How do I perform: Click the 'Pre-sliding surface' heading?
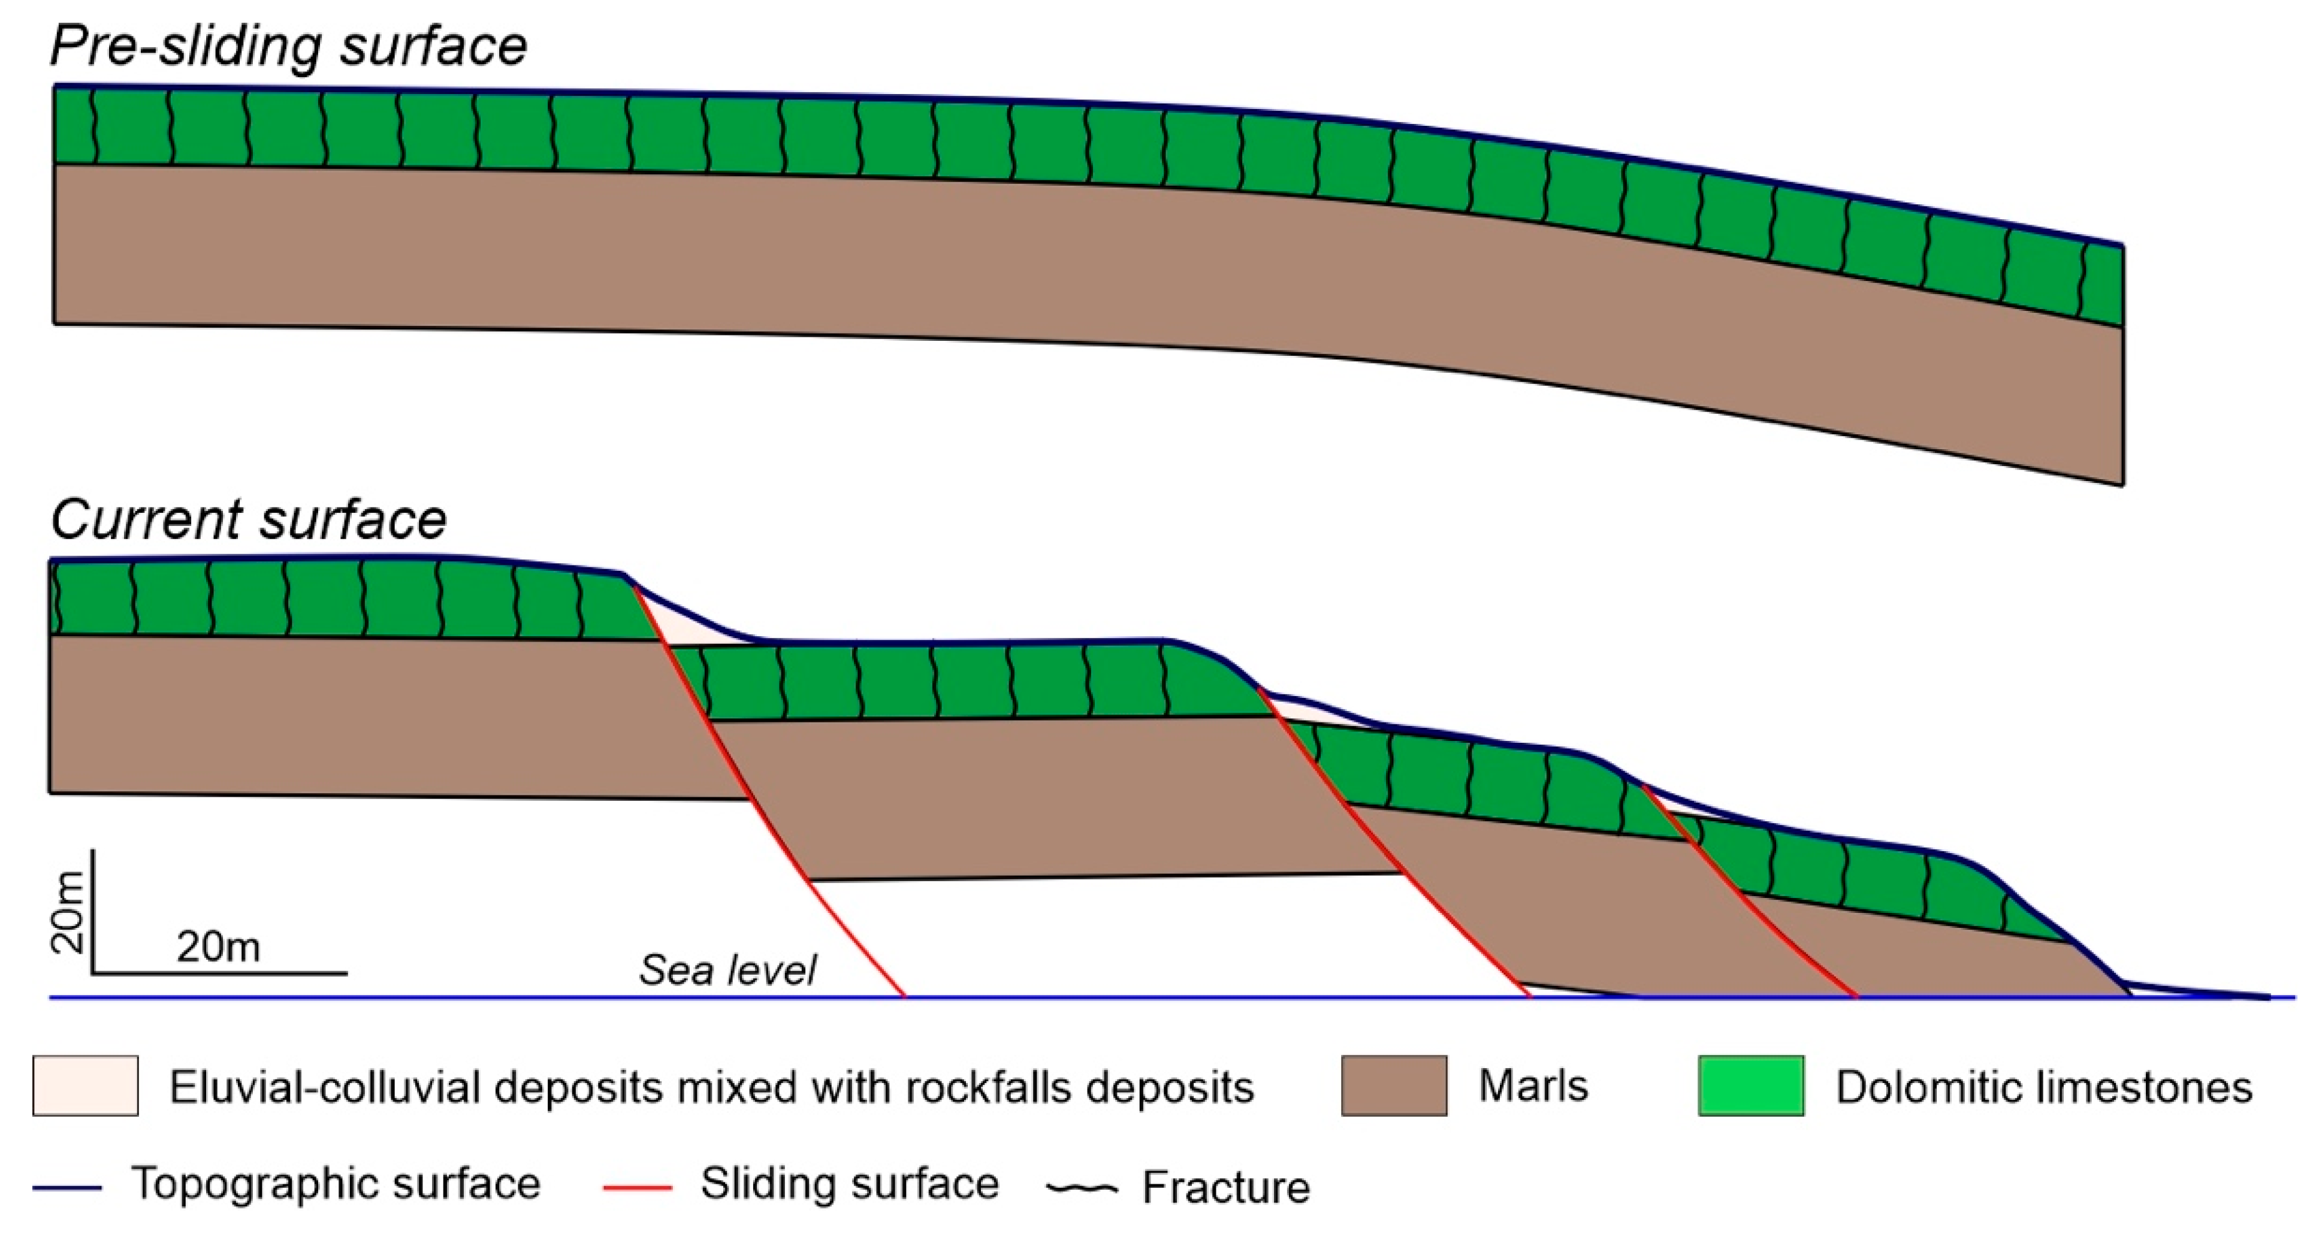point(288,45)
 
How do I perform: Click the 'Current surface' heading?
point(248,519)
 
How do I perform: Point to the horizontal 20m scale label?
point(218,946)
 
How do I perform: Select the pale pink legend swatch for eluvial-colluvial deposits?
point(86,1085)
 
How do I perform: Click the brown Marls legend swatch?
point(1394,1085)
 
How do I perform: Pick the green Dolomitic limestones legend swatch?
point(1750,1085)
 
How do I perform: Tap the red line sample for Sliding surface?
point(638,1187)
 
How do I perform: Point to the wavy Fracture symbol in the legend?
point(1082,1188)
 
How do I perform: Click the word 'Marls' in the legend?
point(1532,1085)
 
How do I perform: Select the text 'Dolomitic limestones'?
point(2043,1087)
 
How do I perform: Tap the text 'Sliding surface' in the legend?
point(849,1184)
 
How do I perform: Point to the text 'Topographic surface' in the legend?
point(336,1184)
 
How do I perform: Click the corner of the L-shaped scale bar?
point(93,973)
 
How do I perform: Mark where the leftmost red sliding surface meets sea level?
point(904,996)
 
